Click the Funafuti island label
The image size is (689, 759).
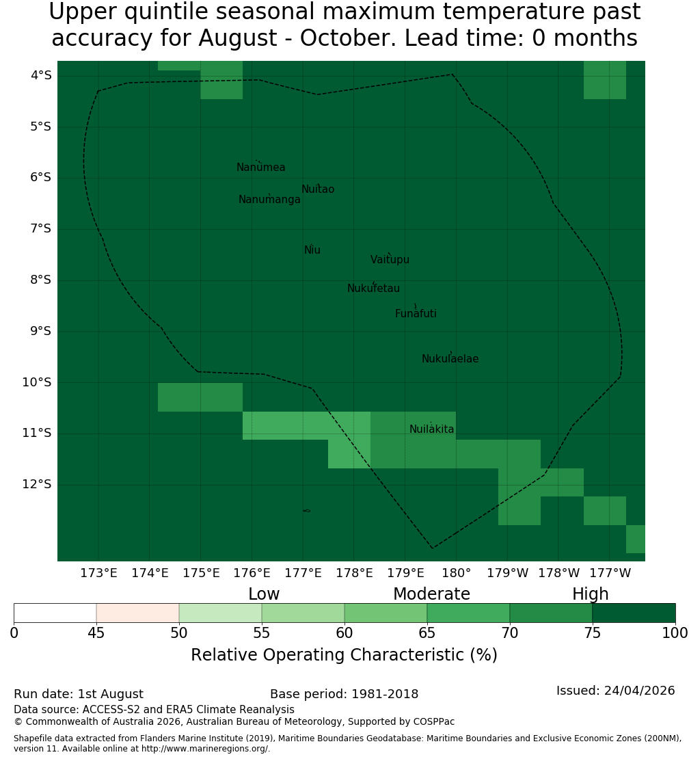point(416,314)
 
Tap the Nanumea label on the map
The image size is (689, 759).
point(261,168)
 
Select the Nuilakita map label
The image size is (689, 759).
point(431,429)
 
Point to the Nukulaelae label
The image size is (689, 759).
point(450,359)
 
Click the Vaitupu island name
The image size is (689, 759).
point(390,260)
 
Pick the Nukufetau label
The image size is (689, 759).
point(373,289)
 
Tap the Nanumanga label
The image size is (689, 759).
point(269,200)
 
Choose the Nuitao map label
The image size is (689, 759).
point(318,189)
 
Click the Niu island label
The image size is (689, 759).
point(312,250)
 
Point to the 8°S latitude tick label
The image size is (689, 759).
point(40,280)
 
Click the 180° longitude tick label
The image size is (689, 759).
point(457,573)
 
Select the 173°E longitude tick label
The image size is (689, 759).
point(98,573)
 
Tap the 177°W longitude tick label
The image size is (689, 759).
point(610,573)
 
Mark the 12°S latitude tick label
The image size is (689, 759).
point(36,484)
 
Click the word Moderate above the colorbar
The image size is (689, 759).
point(431,594)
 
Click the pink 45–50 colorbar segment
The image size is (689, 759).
point(138,613)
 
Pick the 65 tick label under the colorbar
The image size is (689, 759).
point(427,633)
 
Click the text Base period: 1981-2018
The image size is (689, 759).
point(344,694)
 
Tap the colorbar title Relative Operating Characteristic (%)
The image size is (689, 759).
point(344,655)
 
